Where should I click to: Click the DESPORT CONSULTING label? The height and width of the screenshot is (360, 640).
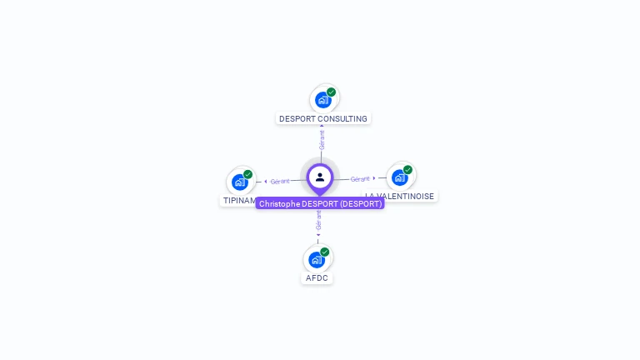(x=322, y=118)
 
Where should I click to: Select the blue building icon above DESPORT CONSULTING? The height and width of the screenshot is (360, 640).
(x=322, y=100)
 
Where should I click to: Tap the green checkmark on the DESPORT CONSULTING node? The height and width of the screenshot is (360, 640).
(x=331, y=92)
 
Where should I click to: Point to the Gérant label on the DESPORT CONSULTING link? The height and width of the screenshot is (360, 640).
(x=322, y=140)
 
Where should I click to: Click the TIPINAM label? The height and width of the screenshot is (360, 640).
(x=239, y=201)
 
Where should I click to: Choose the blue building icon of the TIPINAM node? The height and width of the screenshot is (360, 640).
(x=240, y=182)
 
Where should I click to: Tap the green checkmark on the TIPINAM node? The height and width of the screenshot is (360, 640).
(x=247, y=174)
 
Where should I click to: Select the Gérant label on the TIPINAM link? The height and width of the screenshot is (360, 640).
(x=280, y=181)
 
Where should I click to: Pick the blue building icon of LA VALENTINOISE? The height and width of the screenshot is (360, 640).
(x=400, y=177)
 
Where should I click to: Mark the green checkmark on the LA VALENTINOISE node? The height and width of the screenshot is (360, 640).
(x=407, y=170)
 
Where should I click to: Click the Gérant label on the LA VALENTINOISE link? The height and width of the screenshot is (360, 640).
(x=360, y=178)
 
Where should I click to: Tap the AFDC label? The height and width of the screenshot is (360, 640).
(x=317, y=277)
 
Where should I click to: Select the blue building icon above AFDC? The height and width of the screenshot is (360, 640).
(x=317, y=259)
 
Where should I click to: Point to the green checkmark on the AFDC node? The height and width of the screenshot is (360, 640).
(x=324, y=252)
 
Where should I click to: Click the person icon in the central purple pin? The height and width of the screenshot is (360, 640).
(x=320, y=177)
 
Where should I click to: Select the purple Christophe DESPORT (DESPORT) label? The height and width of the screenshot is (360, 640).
(x=320, y=203)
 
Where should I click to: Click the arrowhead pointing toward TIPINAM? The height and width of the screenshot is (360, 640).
(x=266, y=181)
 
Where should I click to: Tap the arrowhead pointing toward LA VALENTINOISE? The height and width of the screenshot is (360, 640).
(x=374, y=178)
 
